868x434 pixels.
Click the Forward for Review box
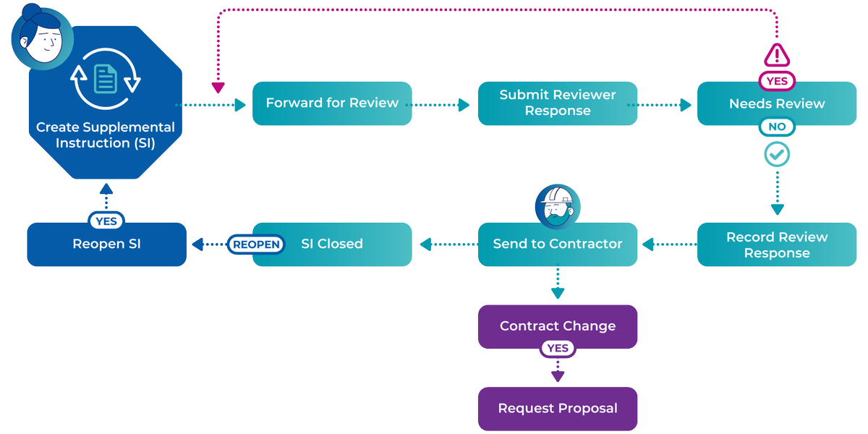click(332, 103)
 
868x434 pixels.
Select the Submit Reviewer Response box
click(558, 103)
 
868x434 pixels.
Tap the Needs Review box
click(777, 104)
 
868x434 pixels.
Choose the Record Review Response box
click(777, 244)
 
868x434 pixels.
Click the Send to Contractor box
click(558, 244)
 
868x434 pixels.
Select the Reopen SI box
click(106, 244)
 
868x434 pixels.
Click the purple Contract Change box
click(558, 326)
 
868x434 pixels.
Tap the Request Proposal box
click(558, 409)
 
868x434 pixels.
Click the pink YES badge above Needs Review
click(777, 81)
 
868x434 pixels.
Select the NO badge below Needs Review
click(777, 127)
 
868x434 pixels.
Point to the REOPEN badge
click(256, 244)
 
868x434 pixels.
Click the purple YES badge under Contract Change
click(558, 349)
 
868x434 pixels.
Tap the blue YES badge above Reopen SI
click(106, 221)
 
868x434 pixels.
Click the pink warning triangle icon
click(777, 55)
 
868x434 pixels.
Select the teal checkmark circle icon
click(777, 154)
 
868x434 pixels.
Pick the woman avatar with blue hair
click(42, 36)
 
